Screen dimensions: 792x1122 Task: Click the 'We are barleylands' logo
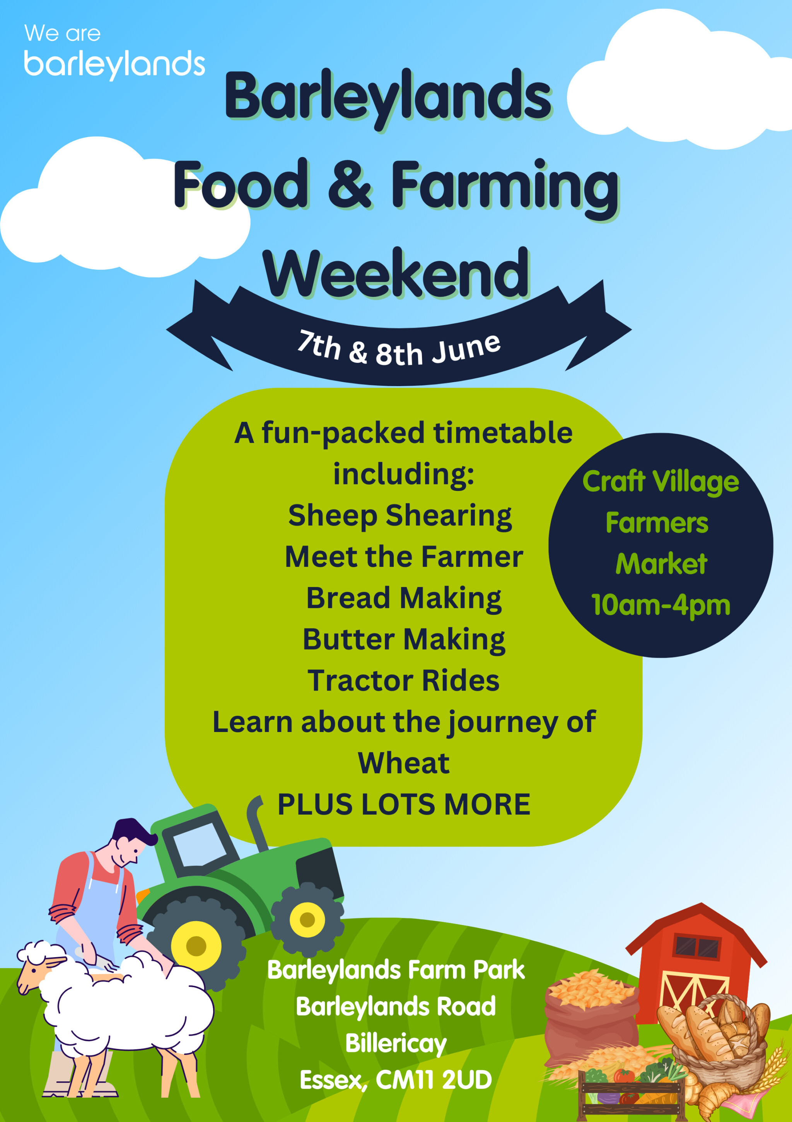tap(114, 52)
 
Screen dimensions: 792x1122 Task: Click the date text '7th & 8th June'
tap(399, 349)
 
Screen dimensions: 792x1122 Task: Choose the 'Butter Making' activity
tap(404, 640)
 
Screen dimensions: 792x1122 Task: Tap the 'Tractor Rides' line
tap(404, 681)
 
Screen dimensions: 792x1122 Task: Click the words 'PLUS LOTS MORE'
tap(404, 804)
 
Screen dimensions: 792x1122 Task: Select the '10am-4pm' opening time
tap(661, 605)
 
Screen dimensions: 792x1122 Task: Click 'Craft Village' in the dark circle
tap(661, 482)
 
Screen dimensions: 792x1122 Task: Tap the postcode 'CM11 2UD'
tap(434, 1080)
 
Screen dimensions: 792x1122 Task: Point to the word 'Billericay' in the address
tap(396, 1044)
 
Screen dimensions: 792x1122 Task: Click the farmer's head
tap(130, 843)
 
